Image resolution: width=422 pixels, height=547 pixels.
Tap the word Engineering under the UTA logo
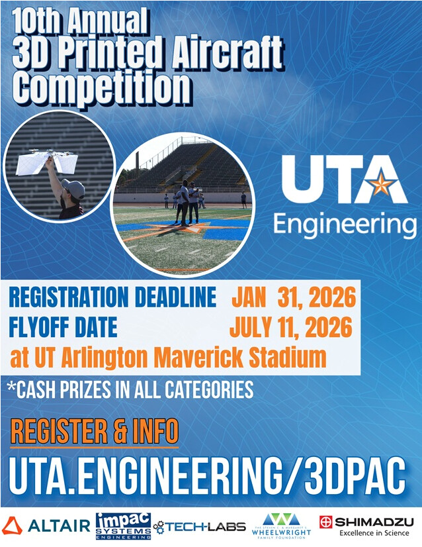(x=345, y=225)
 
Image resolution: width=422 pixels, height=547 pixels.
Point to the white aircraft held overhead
(x=47, y=162)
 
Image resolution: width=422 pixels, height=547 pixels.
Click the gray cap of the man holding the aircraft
(x=74, y=188)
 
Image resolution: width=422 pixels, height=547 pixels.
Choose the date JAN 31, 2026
(x=294, y=297)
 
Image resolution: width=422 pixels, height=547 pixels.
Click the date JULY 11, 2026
(x=291, y=327)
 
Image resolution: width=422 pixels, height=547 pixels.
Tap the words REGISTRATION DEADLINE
(x=112, y=297)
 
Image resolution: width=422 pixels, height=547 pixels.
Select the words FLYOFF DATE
(x=63, y=327)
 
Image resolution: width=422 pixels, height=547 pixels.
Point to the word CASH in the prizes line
(x=36, y=389)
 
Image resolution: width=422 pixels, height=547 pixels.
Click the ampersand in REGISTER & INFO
(x=120, y=431)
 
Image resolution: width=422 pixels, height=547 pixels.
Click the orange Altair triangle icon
(x=12, y=526)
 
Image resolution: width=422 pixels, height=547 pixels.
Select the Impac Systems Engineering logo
(x=124, y=526)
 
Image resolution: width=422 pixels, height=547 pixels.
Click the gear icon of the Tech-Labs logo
(x=159, y=527)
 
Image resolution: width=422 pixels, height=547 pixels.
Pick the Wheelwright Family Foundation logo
(x=281, y=526)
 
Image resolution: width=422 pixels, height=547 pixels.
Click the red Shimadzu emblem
(x=326, y=522)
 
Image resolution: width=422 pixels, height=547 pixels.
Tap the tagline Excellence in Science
(x=374, y=533)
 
